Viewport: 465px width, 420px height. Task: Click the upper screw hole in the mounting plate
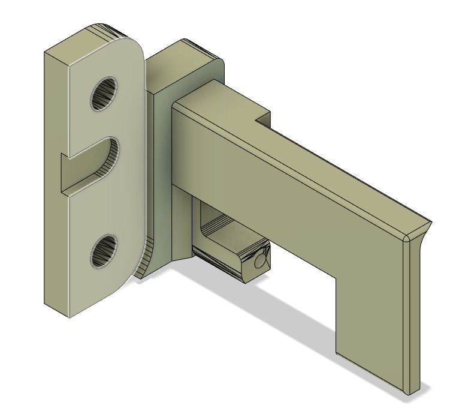pos(103,94)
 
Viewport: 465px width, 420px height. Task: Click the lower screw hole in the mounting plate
pos(103,251)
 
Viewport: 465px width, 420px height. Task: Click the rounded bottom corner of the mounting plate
pos(123,288)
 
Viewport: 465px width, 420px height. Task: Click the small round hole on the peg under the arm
pos(259,262)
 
